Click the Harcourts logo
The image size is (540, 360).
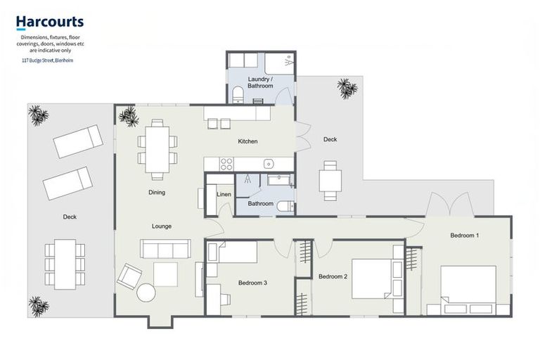pyautogui.click(x=50, y=22)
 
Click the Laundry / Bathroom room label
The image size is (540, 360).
pyautogui.click(x=259, y=82)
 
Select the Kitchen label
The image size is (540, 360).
pyautogui.click(x=247, y=141)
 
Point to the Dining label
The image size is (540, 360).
pyautogui.click(x=156, y=192)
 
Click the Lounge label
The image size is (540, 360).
pyautogui.click(x=162, y=226)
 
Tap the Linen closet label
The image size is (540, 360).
pyautogui.click(x=224, y=194)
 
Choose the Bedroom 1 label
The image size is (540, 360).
pyautogui.click(x=465, y=235)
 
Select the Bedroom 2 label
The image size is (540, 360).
pyautogui.click(x=333, y=276)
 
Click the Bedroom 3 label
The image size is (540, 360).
pyautogui.click(x=252, y=283)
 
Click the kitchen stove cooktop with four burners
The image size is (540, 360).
pyautogui.click(x=226, y=164)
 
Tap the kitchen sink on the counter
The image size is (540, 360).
pyautogui.click(x=269, y=164)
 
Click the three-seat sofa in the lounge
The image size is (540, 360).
pyautogui.click(x=165, y=249)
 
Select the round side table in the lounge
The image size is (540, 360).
pyautogui.click(x=146, y=292)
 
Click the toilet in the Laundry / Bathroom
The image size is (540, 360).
pyautogui.click(x=238, y=95)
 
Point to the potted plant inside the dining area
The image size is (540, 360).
pyautogui.click(x=129, y=116)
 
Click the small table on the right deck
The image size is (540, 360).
pyautogui.click(x=330, y=181)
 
